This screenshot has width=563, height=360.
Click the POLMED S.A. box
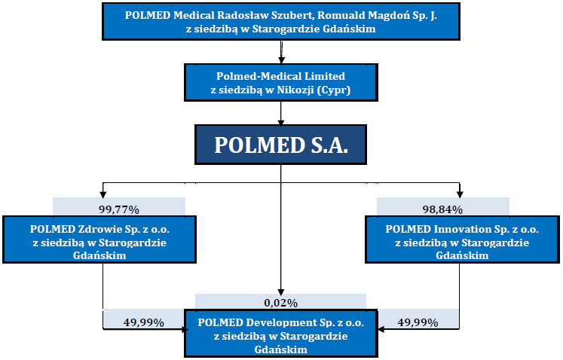click(281, 145)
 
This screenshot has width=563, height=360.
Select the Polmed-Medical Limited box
click(281, 83)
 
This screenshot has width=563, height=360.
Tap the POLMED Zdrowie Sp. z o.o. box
click(99, 239)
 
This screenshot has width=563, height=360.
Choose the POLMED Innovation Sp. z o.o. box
click(462, 239)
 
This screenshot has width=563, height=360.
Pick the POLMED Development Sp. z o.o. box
click(281, 333)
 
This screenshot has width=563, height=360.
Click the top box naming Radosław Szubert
click(281, 21)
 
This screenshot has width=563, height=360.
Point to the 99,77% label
click(119, 209)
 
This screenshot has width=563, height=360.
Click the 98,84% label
click(442, 209)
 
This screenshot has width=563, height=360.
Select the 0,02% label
click(281, 304)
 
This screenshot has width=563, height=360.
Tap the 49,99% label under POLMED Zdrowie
click(144, 322)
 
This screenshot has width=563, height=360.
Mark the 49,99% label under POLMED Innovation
click(418, 322)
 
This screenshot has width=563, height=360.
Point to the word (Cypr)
click(334, 90)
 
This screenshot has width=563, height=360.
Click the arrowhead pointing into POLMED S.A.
click(281, 123)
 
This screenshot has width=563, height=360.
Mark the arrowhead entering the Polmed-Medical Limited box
click(281, 60)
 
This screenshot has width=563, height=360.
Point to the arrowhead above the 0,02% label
click(281, 292)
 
